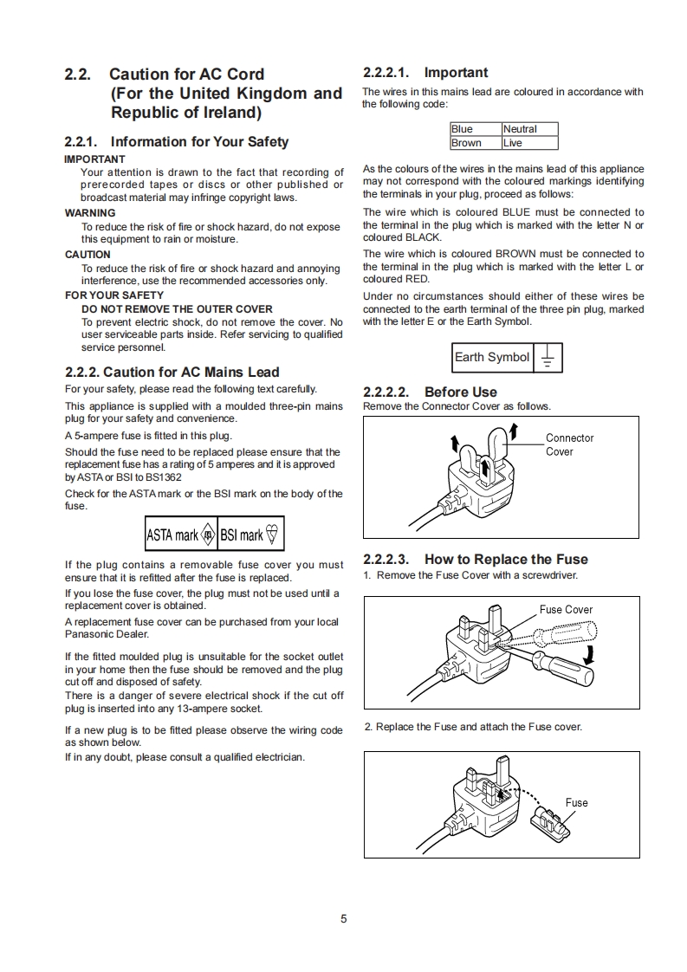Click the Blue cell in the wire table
coord(463,129)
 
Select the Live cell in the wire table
coord(513,143)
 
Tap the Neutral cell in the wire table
coord(520,129)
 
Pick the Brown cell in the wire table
coord(466,143)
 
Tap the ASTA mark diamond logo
coord(207,535)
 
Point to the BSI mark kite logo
coord(273,535)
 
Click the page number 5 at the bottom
coord(344,919)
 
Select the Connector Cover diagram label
coord(569,444)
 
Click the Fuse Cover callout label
coord(566,609)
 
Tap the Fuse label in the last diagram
coord(576,802)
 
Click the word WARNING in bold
coord(90,213)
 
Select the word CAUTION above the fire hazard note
coord(87,255)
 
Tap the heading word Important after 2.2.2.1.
coord(456,73)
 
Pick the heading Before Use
coord(460,392)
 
